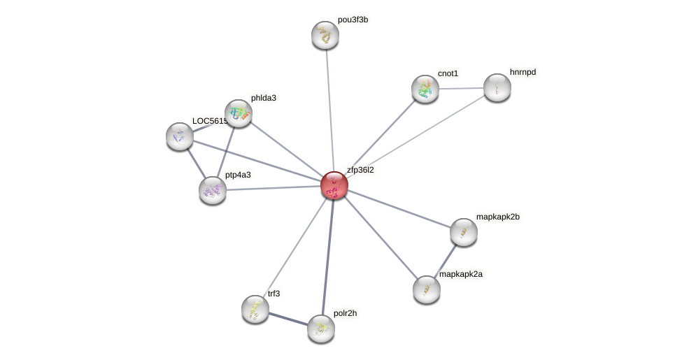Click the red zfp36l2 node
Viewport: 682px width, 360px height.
point(334,185)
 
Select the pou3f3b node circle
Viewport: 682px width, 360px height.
point(325,34)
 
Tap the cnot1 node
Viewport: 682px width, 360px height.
point(425,89)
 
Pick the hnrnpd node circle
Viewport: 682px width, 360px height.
point(497,87)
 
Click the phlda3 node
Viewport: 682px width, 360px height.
point(238,113)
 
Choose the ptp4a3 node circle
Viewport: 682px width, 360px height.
point(213,190)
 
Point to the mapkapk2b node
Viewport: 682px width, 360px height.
point(463,232)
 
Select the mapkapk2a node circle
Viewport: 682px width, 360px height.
point(426,289)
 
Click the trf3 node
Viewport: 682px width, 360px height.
point(255,308)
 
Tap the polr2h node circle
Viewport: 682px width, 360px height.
point(321,329)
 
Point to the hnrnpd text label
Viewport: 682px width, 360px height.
point(523,72)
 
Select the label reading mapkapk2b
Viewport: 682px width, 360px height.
point(497,217)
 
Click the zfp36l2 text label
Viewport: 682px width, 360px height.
point(360,170)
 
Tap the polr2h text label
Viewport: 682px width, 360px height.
point(346,313)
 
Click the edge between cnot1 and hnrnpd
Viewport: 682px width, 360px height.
point(462,88)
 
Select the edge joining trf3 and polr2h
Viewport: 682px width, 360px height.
point(287,318)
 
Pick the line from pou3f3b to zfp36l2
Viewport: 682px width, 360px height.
point(329,108)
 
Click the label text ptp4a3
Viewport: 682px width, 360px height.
point(238,175)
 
